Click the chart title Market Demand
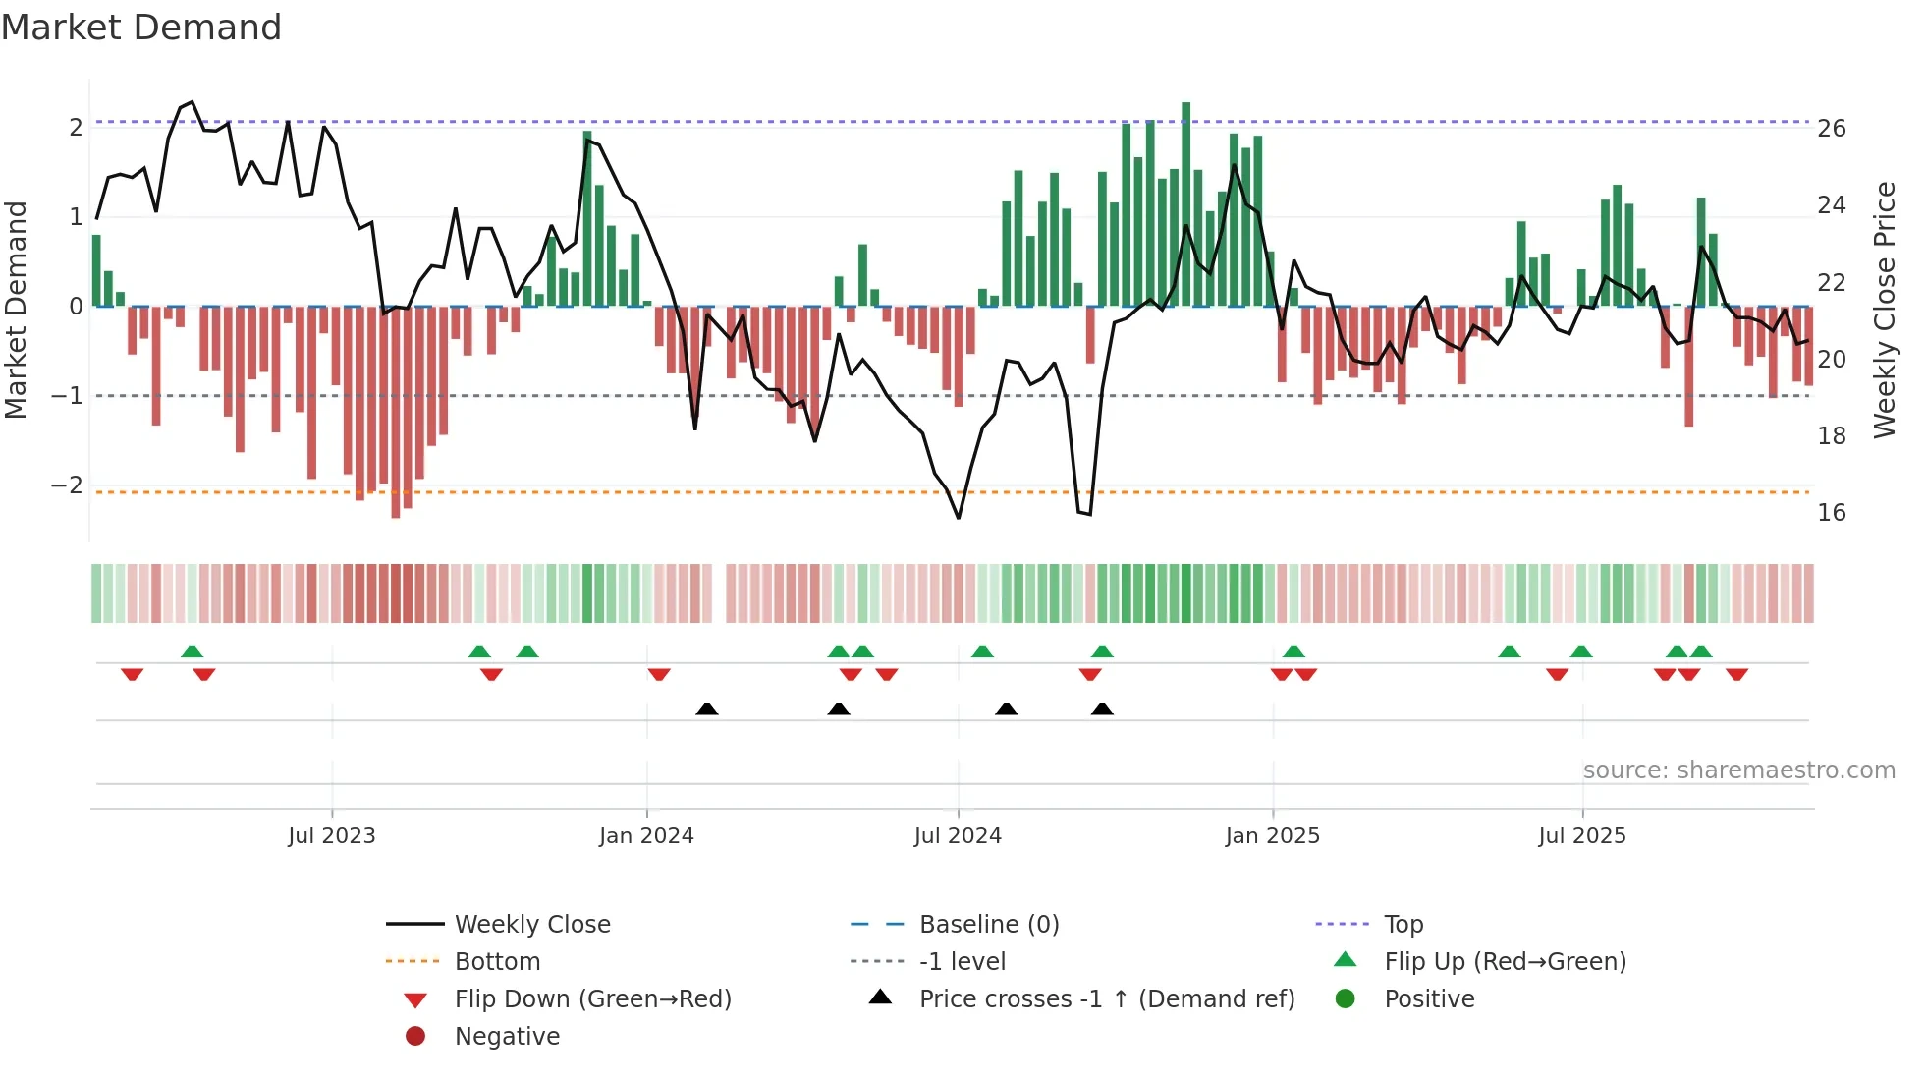(141, 28)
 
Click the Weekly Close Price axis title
(1884, 310)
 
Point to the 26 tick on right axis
(1831, 129)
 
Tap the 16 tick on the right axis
(1831, 512)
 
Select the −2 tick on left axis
(67, 485)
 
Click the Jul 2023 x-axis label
(332, 836)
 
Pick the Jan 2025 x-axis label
(1272, 836)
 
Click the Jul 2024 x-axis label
(958, 836)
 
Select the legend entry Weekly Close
(531, 925)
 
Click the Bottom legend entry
(497, 962)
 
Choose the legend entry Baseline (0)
(988, 925)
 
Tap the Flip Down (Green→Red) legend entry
(592, 999)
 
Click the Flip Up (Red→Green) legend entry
(1505, 962)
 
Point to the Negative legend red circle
(415, 1036)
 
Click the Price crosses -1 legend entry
(1106, 999)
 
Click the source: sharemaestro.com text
(1738, 770)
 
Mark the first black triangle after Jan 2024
(707, 709)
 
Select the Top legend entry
(1402, 925)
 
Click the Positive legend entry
(1428, 999)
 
